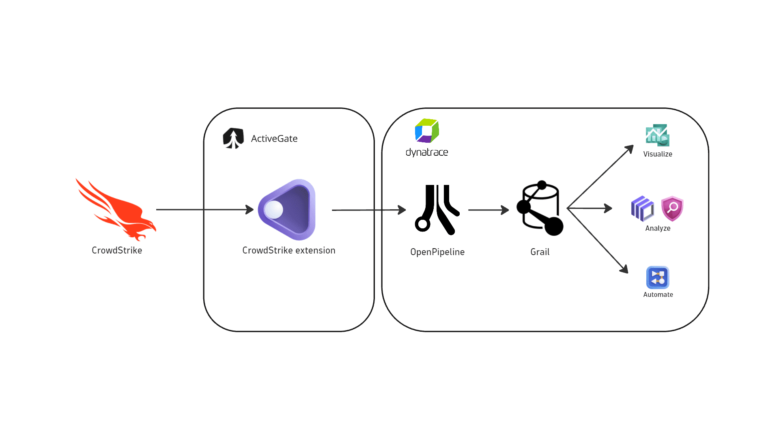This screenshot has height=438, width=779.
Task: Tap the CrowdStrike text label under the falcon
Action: click(x=117, y=250)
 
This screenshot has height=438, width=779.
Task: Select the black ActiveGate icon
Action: click(x=233, y=138)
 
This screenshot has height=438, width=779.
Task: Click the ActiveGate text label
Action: click(x=274, y=139)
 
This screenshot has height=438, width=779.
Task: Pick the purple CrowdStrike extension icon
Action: click(x=287, y=210)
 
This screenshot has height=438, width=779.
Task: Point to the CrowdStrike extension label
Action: click(x=289, y=250)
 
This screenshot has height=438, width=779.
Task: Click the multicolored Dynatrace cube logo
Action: click(x=427, y=131)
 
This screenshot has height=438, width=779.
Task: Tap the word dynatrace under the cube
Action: click(x=427, y=152)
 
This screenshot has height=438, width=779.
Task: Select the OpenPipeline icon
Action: click(x=437, y=210)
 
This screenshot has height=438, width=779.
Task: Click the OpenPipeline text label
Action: click(x=437, y=252)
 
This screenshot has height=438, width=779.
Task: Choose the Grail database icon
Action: click(x=540, y=208)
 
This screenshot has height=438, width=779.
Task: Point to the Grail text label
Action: click(x=540, y=252)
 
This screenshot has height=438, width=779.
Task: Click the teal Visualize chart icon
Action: click(x=658, y=135)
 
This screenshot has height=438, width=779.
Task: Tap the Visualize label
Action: click(x=658, y=154)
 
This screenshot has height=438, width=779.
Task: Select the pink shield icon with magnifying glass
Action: click(x=672, y=208)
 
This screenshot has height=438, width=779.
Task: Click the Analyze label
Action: click(x=658, y=228)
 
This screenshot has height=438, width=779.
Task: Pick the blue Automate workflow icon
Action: click(x=658, y=277)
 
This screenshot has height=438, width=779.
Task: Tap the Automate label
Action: click(x=658, y=294)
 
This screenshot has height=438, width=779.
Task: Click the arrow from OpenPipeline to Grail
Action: click(x=489, y=210)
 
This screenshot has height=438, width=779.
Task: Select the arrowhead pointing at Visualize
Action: click(x=630, y=149)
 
